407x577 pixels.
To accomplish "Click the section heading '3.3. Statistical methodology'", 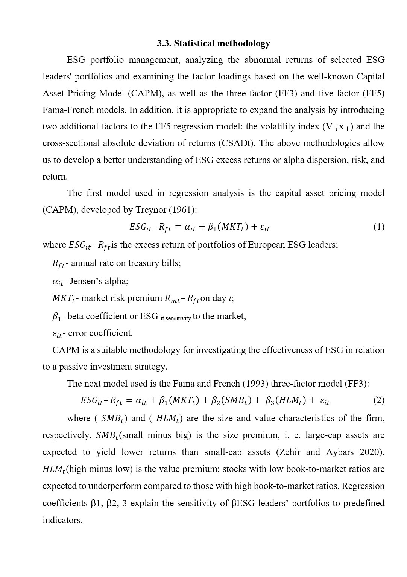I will (x=213, y=43).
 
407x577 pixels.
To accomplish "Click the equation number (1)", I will (x=378, y=227).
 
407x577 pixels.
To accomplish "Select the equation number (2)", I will (x=378, y=400).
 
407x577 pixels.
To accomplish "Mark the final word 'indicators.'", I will (x=62, y=520).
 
